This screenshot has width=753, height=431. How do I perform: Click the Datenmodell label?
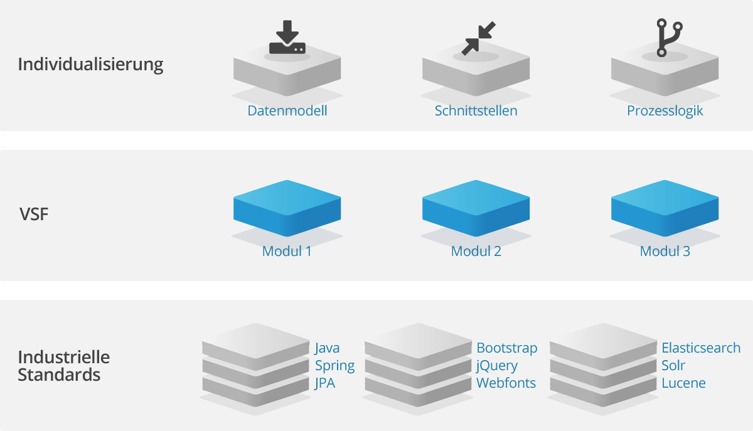287,111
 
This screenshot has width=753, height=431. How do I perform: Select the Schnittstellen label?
476,111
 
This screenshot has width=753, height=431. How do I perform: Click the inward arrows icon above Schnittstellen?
478,38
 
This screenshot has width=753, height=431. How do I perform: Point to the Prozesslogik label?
665,111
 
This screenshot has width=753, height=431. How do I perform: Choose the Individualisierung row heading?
90,65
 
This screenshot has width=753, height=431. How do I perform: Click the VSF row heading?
34,215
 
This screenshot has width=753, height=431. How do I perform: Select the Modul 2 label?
476,252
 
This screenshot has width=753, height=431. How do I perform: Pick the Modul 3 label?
665,252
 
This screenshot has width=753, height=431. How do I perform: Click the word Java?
328,348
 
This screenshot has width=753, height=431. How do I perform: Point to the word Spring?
334,366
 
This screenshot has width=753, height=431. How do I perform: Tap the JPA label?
325,383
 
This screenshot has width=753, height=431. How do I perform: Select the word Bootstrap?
507,348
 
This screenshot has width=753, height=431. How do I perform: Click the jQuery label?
497,366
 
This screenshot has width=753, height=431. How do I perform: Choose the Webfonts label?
506,383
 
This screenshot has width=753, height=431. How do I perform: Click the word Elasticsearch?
701,348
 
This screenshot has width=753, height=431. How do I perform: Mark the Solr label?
673,365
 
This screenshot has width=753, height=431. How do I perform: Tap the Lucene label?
683,383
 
